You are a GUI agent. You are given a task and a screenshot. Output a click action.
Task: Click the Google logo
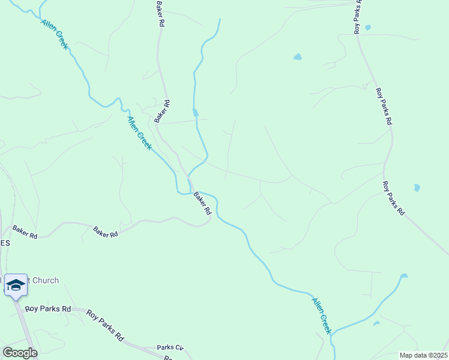20,352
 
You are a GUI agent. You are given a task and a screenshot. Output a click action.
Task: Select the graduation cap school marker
15,284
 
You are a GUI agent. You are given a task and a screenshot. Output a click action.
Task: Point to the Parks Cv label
170,347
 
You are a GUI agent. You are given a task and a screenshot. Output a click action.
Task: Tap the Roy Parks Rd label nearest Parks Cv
104,325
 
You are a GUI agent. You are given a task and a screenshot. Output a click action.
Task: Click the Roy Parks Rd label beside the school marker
48,309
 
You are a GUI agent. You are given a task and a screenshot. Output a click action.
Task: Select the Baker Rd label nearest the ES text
25,233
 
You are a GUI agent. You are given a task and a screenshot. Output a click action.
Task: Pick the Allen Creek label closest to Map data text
321,315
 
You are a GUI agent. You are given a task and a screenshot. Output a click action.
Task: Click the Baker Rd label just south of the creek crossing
202,204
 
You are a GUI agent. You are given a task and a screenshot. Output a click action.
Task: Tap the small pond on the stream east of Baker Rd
195,112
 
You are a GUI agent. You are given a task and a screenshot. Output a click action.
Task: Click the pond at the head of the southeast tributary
404,276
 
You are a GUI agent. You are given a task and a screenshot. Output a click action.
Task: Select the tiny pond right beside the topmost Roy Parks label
368,28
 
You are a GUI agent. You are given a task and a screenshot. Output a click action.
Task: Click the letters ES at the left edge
5,244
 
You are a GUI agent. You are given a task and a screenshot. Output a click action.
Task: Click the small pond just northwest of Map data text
376,323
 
